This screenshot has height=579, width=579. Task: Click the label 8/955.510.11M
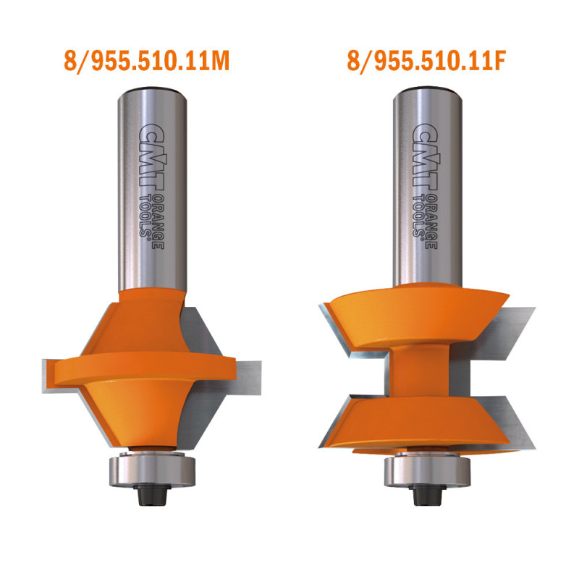click(147, 62)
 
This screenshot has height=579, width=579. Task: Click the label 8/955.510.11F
click(426, 62)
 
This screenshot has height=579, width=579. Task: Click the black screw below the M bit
click(152, 494)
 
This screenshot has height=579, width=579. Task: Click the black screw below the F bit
click(428, 495)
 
